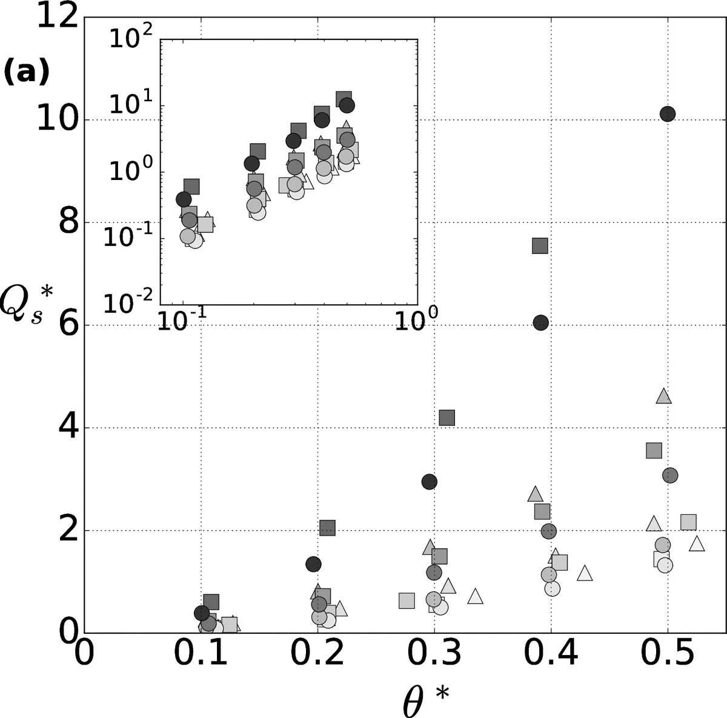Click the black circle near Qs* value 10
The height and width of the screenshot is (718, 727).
(x=667, y=114)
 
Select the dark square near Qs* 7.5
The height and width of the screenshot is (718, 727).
(x=540, y=245)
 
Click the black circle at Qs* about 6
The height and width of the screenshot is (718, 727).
(x=540, y=322)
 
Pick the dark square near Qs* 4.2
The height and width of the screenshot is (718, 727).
(x=446, y=417)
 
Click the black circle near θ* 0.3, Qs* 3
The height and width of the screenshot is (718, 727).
(x=429, y=482)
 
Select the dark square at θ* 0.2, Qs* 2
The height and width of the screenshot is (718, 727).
(x=327, y=528)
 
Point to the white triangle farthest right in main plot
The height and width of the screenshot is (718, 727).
(x=697, y=543)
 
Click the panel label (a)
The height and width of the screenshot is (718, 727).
(x=25, y=73)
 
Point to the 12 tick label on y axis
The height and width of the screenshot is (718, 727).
(x=59, y=17)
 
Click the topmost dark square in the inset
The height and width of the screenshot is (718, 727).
(x=344, y=98)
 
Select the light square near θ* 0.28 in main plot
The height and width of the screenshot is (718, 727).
(x=407, y=600)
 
